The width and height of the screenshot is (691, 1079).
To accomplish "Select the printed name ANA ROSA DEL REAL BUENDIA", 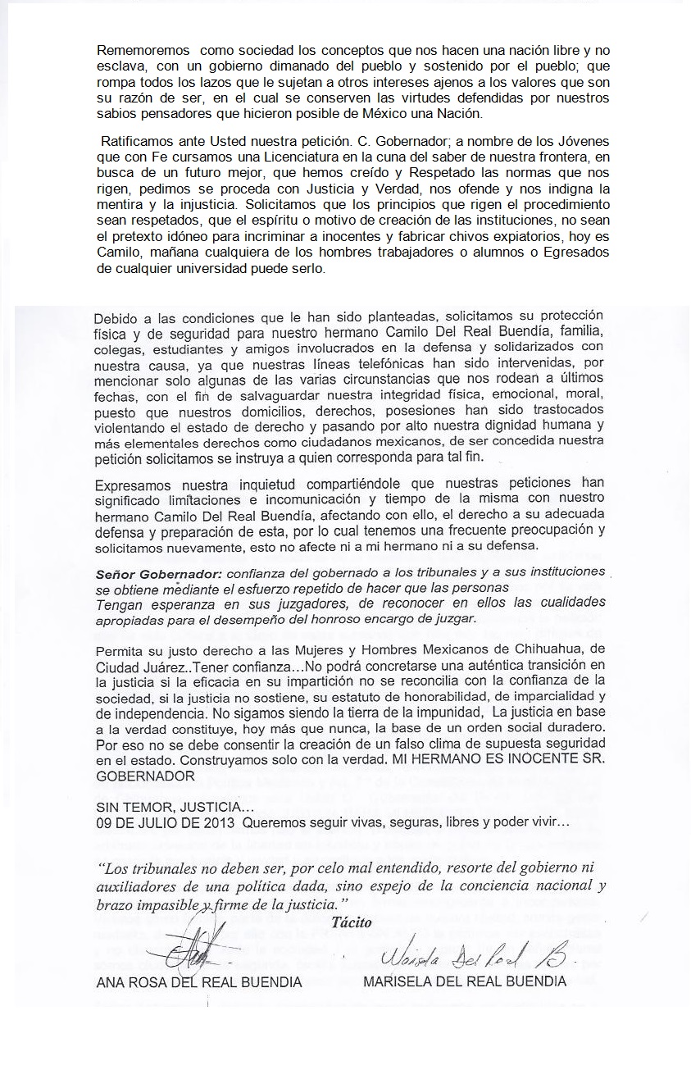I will [x=199, y=981].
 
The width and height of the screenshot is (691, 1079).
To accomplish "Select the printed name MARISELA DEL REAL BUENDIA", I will [x=464, y=981].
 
